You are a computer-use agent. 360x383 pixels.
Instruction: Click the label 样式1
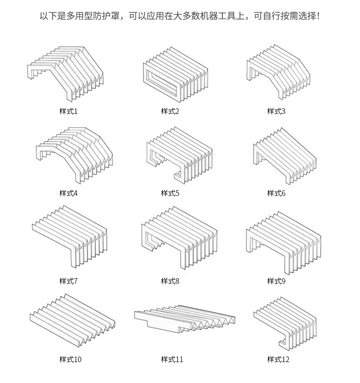point(68,111)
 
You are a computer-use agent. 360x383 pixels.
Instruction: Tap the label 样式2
point(170,111)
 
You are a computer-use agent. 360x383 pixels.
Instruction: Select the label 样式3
point(276,111)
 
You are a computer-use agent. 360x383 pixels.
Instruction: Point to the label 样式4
point(68,193)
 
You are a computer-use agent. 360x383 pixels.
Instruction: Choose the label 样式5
point(170,193)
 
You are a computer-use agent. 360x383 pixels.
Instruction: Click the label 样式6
point(276,193)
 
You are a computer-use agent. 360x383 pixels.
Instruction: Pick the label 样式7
point(68,281)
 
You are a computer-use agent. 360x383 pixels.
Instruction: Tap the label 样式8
point(170,281)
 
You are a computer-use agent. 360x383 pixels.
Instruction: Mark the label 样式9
point(276,281)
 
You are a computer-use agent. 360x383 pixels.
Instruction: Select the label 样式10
point(70,359)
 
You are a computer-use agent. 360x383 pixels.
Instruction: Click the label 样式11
point(172,359)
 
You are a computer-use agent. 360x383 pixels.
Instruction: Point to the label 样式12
point(278,359)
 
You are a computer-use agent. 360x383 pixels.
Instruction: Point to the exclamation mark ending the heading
point(318,16)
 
